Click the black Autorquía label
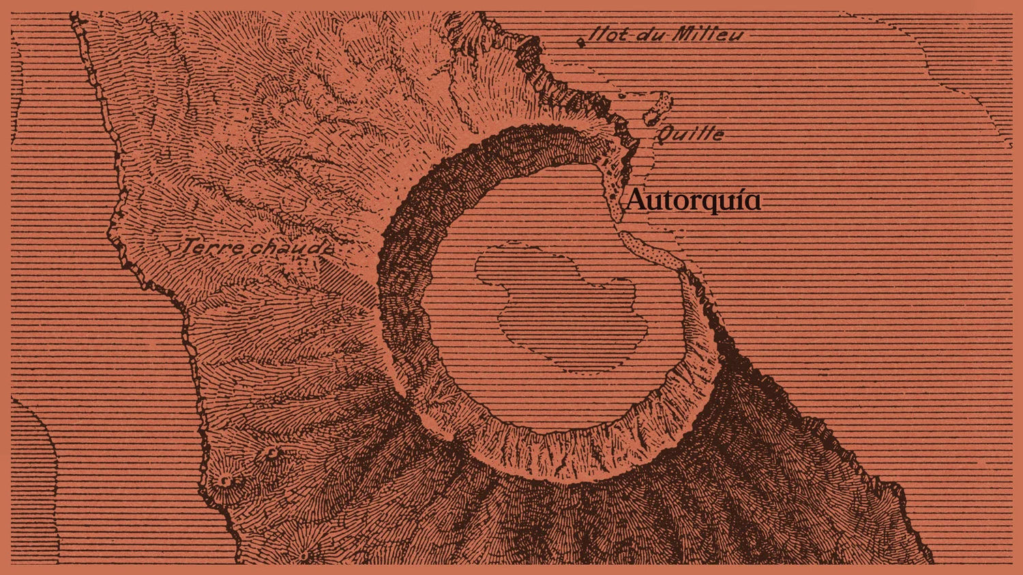[693, 200]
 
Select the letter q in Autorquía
[702, 203]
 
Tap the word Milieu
[707, 34]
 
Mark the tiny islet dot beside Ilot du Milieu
[581, 42]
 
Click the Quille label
[690, 134]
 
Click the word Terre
[213, 247]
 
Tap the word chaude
[291, 249]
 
